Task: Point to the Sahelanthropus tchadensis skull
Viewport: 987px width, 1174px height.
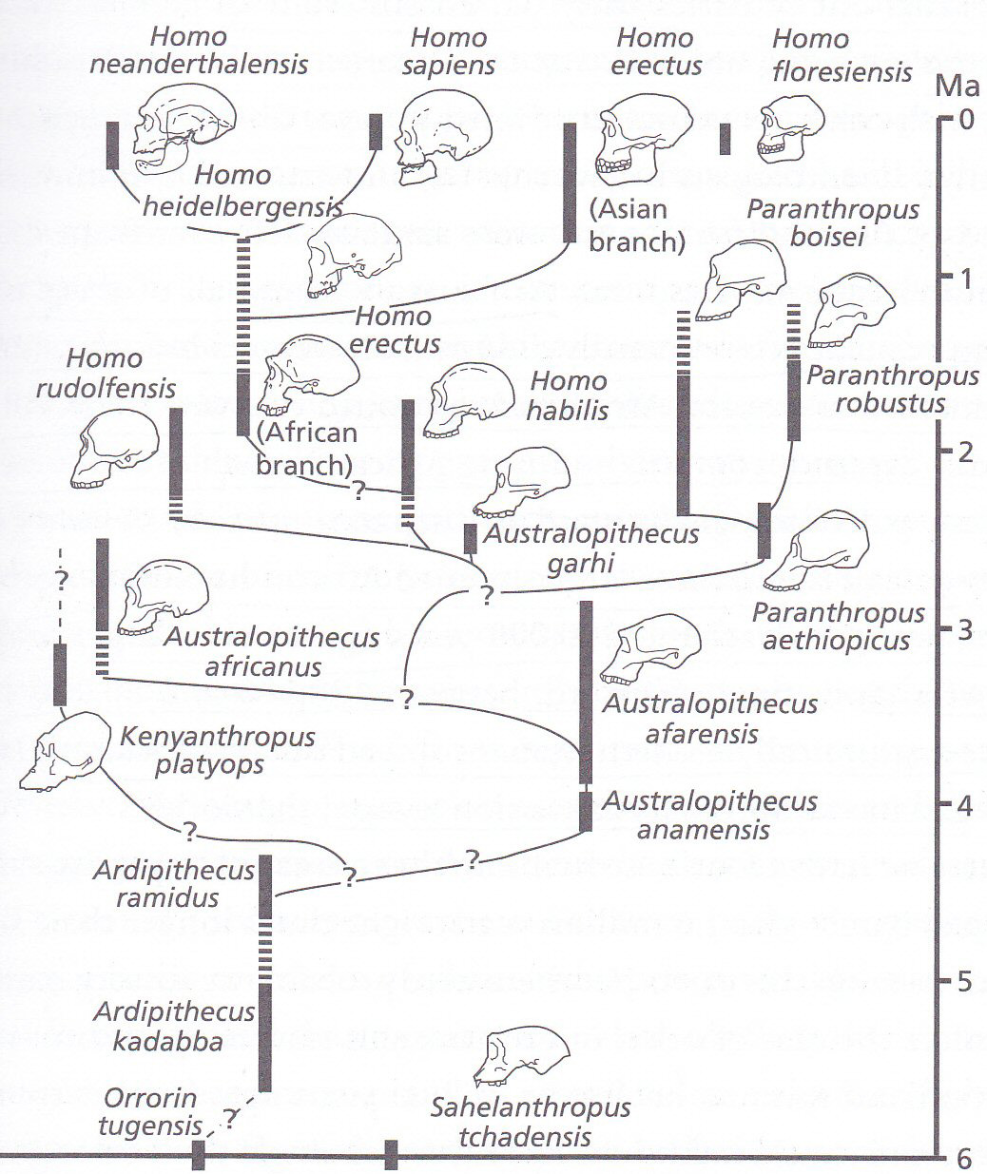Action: [523, 1057]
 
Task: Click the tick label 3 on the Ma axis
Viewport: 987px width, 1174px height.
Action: [964, 630]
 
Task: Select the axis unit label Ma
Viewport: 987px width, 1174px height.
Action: [957, 87]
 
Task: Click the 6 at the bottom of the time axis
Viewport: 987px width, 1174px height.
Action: [964, 1159]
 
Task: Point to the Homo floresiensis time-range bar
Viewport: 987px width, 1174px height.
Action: [725, 139]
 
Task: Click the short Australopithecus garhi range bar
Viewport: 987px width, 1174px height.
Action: [470, 538]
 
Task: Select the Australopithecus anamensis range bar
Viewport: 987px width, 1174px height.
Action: [586, 811]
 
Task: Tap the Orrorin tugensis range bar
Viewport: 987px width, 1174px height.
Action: [199, 1156]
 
